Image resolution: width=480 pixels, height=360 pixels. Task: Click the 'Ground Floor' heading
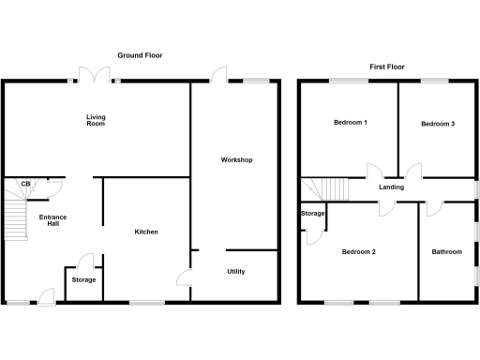[140, 55]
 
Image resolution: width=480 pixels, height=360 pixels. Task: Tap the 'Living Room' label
[96, 120]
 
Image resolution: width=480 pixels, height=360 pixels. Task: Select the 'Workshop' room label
[236, 160]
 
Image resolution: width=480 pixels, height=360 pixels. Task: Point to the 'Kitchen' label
[145, 232]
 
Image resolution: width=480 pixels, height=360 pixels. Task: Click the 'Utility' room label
[236, 272]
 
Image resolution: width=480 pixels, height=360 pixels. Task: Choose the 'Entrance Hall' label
[52, 220]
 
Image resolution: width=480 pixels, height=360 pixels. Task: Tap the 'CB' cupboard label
[26, 183]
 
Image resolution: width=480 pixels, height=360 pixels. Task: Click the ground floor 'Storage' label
[83, 279]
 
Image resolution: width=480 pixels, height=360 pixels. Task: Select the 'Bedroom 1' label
[351, 124]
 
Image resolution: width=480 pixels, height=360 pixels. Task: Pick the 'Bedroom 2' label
[358, 252]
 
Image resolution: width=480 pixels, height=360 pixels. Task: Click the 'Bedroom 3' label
[438, 124]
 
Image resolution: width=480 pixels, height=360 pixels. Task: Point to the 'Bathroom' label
[446, 252]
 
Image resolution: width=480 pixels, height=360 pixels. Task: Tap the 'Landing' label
[391, 187]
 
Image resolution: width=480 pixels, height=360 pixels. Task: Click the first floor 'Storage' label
[312, 214]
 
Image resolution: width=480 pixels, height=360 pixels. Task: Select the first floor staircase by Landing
[323, 188]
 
